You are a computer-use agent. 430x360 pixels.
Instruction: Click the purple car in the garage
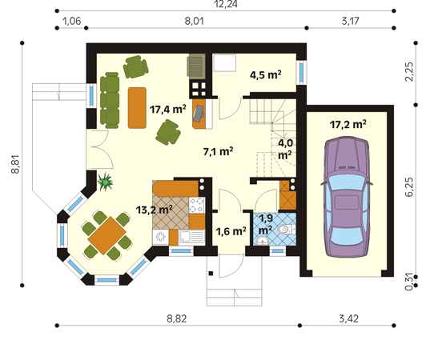(x=347, y=198)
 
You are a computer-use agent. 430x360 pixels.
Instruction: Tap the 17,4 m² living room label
(x=168, y=110)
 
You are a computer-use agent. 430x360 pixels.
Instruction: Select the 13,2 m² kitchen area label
(x=154, y=210)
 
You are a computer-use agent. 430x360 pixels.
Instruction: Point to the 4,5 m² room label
(x=266, y=74)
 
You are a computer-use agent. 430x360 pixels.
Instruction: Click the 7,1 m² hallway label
(x=219, y=151)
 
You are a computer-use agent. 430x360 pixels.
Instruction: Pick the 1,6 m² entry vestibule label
(x=231, y=231)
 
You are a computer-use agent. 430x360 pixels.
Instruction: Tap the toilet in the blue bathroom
(x=287, y=230)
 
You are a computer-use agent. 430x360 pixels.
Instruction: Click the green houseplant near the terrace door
(x=105, y=182)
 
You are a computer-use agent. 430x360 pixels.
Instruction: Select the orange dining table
(x=106, y=236)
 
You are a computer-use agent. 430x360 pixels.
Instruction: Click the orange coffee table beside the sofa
(x=137, y=108)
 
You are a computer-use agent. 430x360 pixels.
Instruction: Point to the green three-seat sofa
(x=110, y=100)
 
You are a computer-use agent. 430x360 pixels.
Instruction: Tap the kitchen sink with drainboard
(x=191, y=238)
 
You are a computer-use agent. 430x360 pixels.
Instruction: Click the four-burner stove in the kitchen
(x=197, y=206)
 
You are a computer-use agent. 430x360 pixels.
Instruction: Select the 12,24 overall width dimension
(x=226, y=4)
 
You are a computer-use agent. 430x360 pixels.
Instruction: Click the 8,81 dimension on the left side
(x=16, y=164)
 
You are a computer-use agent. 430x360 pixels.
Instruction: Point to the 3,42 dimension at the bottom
(x=348, y=318)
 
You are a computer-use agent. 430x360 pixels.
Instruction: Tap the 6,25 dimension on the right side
(x=408, y=187)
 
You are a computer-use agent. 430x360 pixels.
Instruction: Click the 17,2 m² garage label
(x=348, y=125)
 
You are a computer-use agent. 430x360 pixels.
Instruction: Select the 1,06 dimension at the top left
(x=72, y=21)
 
